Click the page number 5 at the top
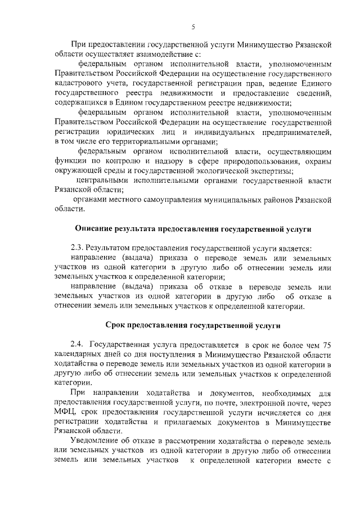pos(192,27)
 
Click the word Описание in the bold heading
pos(95,228)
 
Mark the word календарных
pos(80,354)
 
